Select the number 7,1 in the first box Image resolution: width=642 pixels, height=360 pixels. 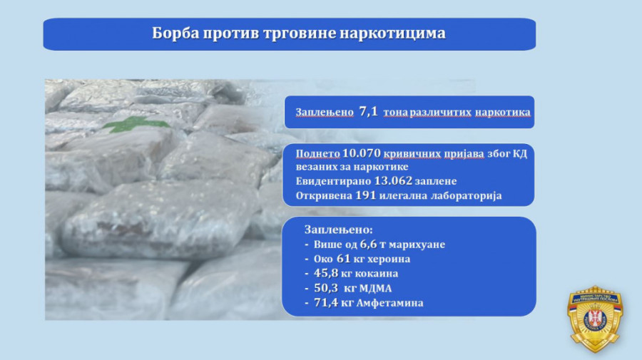click(x=368, y=112)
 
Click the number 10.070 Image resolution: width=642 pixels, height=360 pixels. click(x=362, y=153)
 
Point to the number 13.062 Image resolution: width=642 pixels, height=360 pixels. click(x=393, y=181)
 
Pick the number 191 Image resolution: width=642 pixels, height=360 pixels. click(x=366, y=195)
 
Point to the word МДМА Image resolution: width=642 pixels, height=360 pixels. click(x=376, y=289)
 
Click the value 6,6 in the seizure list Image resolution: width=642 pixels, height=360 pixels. click(x=368, y=245)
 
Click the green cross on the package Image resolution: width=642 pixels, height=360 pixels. click(x=136, y=123)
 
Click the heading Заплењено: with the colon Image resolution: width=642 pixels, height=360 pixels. click(x=339, y=230)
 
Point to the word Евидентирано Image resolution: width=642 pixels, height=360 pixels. click(x=333, y=181)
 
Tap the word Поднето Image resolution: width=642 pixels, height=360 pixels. click(x=317, y=154)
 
